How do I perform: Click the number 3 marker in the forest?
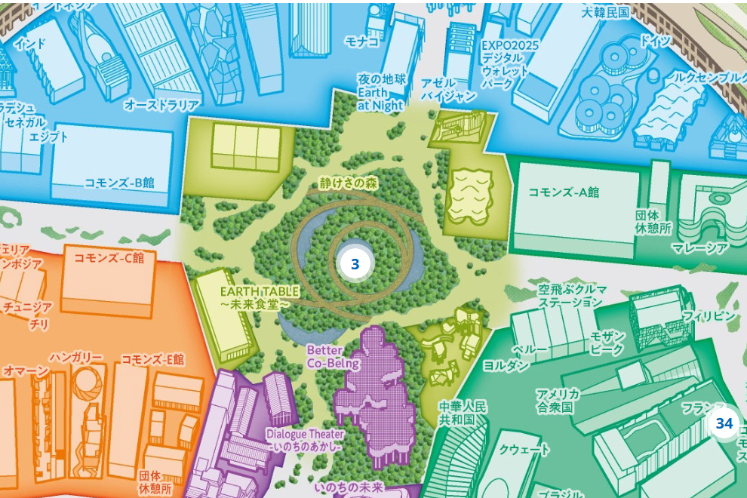355,265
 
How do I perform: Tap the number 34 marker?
724,424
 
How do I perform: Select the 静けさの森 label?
346,183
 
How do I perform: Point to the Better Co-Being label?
324,357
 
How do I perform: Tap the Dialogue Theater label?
305,440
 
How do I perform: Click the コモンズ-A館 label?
564,192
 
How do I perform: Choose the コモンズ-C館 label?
109,257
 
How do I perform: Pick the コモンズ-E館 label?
152,359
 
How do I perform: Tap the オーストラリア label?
162,105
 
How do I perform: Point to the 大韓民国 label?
605,14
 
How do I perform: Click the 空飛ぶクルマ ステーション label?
570,295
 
